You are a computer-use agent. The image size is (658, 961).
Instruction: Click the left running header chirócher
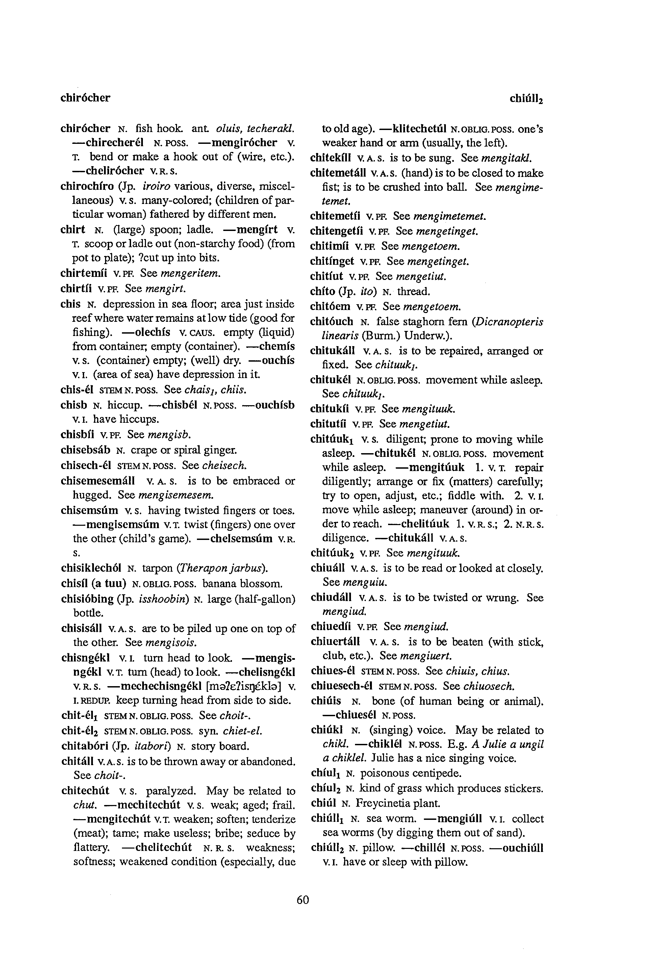coord(85,98)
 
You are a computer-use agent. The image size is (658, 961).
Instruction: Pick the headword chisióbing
coord(87,599)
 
